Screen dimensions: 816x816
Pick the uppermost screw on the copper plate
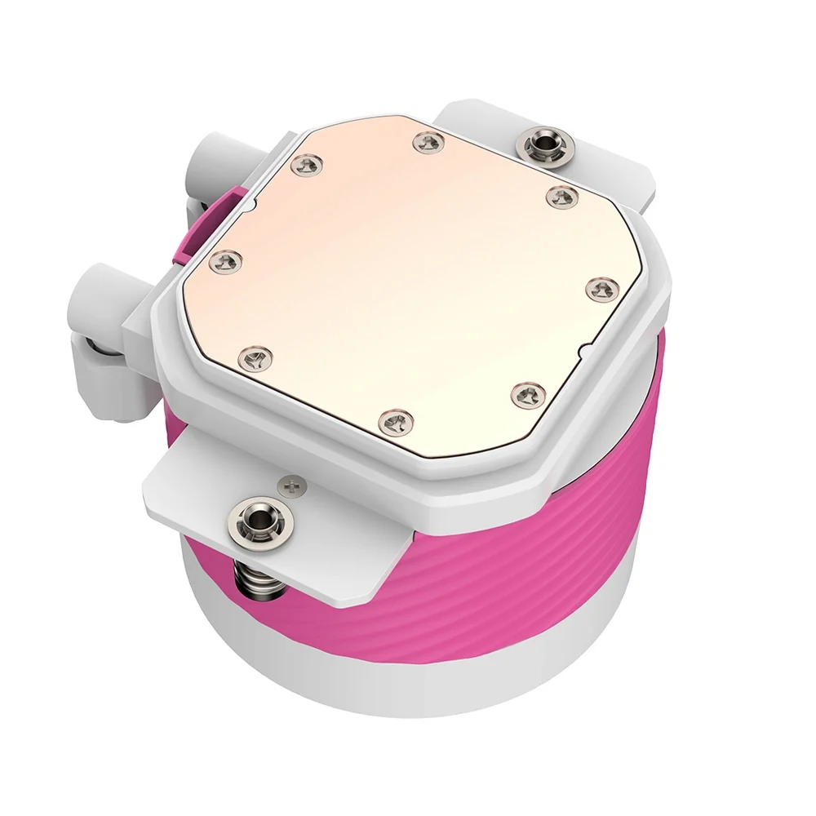pos(428,144)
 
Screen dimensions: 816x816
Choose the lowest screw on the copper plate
pos(398,421)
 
